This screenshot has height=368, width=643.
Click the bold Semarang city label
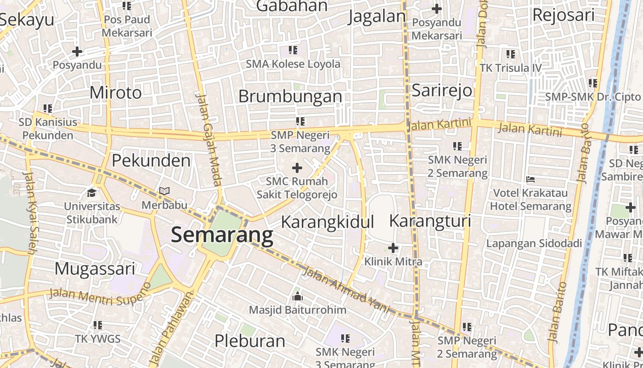pyautogui.click(x=222, y=235)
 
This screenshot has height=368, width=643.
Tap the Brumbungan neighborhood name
pyautogui.click(x=290, y=97)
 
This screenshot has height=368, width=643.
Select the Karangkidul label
pyautogui.click(x=327, y=222)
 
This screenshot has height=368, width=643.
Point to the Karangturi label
pyautogui.click(x=430, y=221)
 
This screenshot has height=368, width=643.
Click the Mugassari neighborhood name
pyautogui.click(x=95, y=269)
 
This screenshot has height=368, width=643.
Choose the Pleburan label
pyautogui.click(x=250, y=341)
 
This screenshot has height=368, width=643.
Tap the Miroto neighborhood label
pyautogui.click(x=116, y=92)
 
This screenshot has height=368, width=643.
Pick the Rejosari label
pyautogui.click(x=563, y=15)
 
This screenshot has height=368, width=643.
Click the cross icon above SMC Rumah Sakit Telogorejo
pyautogui.click(x=297, y=168)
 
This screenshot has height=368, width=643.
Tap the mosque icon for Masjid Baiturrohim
pyautogui.click(x=298, y=296)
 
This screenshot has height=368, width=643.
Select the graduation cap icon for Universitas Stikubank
pyautogui.click(x=92, y=192)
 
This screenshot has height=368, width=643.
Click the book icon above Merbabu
pyautogui.click(x=164, y=191)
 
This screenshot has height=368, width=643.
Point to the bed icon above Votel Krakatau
pyautogui.click(x=530, y=179)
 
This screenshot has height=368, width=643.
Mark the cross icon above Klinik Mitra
pyautogui.click(x=393, y=248)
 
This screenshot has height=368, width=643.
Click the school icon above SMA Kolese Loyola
pyautogui.click(x=293, y=50)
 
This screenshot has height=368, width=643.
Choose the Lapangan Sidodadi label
pyautogui.click(x=534, y=243)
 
